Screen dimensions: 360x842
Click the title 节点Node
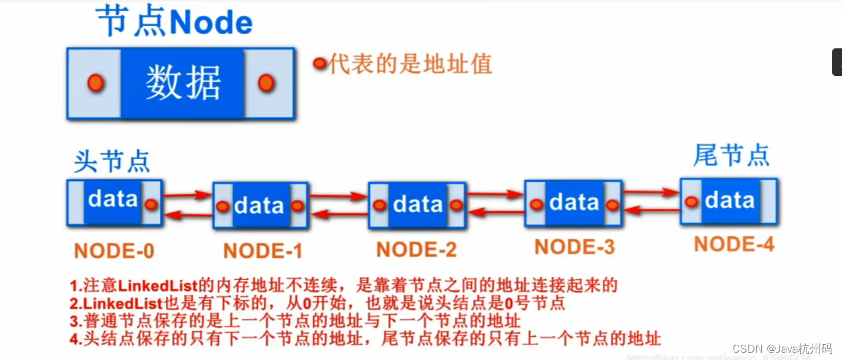coord(174,23)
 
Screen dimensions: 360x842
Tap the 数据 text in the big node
coord(183,83)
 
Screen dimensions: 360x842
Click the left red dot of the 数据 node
coord(95,83)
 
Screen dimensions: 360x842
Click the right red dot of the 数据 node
coord(266,83)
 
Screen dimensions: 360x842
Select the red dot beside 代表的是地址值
coord(319,63)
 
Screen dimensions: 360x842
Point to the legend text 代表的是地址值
coord(411,63)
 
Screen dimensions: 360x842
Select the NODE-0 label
coord(114,250)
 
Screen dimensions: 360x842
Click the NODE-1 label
coord(263,251)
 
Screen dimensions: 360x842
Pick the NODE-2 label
coord(416,249)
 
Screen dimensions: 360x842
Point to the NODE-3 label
coord(574,246)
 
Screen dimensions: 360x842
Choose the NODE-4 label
coord(734,244)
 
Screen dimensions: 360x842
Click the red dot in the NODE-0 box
coord(151,204)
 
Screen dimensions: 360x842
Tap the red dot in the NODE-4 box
coord(691,201)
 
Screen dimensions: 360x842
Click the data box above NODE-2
coord(418,204)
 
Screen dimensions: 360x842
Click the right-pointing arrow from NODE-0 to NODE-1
coord(187,195)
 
